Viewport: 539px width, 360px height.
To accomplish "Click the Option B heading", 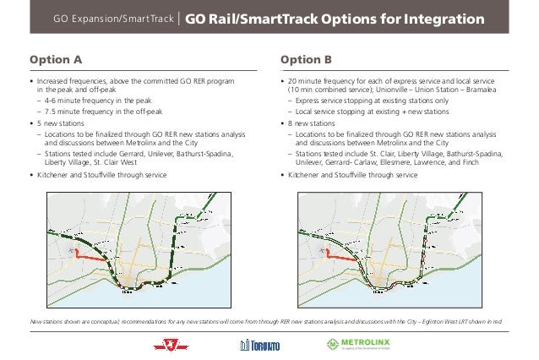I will pyautogui.click(x=305, y=60).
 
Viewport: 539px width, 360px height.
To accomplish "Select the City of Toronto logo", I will pyautogui.click(x=258, y=343).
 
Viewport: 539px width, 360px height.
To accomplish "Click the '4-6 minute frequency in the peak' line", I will pyautogui.click(x=94, y=100).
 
